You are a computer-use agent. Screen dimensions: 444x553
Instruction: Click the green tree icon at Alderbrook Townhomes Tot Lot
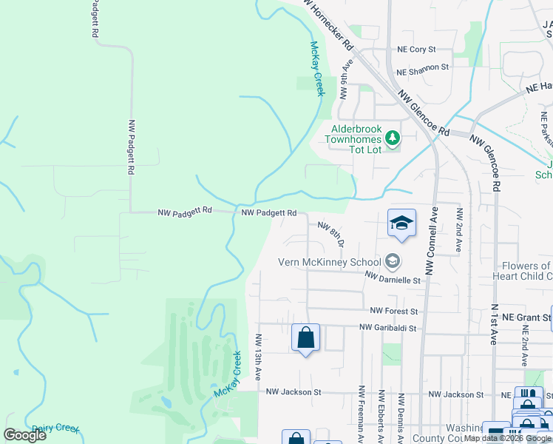[x=392, y=138]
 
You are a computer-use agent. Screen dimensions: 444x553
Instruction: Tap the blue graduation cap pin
[x=401, y=223]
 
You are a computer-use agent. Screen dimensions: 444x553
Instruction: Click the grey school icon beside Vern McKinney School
[x=392, y=260]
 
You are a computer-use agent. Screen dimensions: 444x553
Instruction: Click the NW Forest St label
[x=394, y=312]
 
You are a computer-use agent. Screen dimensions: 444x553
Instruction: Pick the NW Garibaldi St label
[x=388, y=328]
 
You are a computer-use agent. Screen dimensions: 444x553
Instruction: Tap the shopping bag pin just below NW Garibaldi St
[x=305, y=338]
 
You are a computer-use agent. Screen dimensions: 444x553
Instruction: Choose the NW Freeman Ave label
[x=362, y=414]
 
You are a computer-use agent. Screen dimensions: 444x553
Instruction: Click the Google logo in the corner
[x=24, y=435]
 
